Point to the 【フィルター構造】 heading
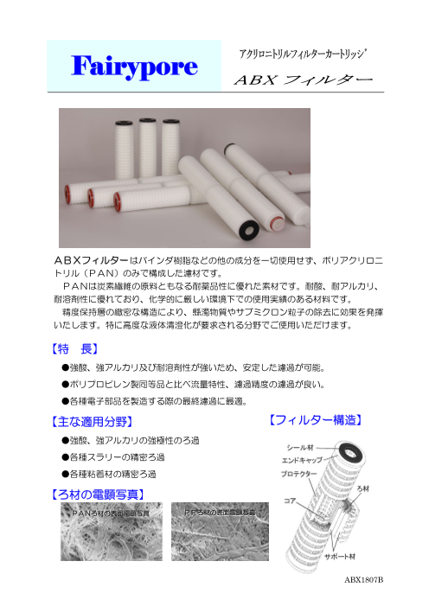point(317,421)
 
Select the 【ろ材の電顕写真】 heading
point(93,494)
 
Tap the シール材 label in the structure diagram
point(298,448)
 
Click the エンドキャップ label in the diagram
point(301,462)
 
